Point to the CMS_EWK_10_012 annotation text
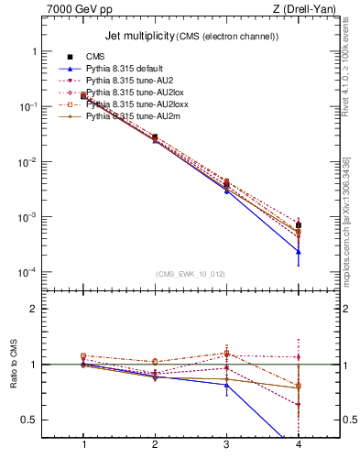[190, 274]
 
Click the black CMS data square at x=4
[299, 225]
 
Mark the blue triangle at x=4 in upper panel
[299, 251]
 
